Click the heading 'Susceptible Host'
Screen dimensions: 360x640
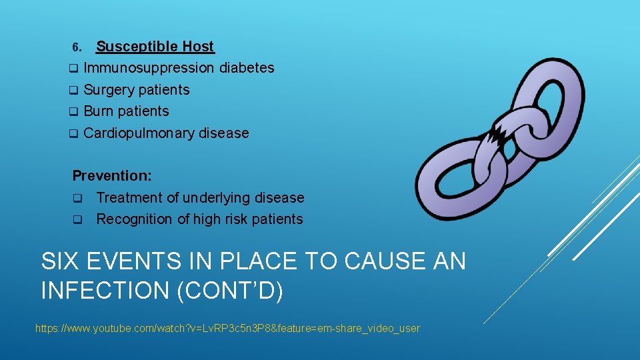(x=155, y=47)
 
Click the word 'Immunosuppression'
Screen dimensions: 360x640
(x=149, y=68)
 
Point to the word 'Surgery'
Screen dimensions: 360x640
(x=108, y=90)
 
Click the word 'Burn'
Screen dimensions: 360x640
(x=98, y=111)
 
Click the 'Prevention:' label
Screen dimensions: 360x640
(x=112, y=176)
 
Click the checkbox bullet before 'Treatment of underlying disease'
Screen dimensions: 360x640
(x=77, y=198)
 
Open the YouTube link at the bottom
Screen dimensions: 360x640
(x=227, y=328)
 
